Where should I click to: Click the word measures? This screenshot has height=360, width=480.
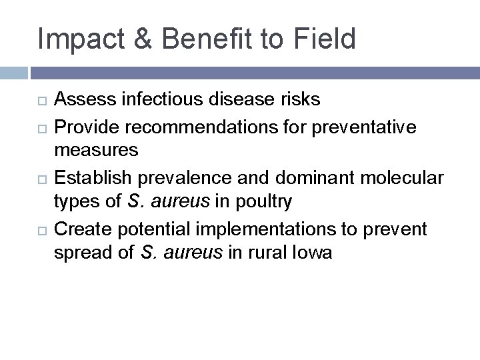(96, 151)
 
